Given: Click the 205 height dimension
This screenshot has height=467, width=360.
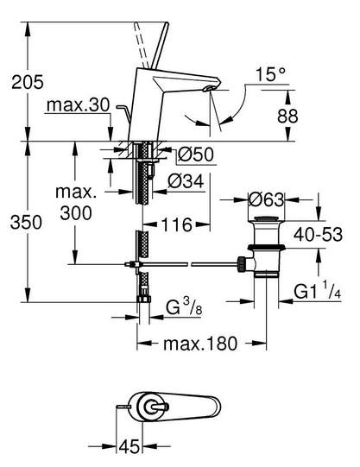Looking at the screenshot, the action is (x=28, y=82).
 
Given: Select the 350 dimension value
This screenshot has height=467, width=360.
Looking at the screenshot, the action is (x=26, y=223).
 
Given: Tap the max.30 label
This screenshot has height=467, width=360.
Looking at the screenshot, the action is (x=79, y=105).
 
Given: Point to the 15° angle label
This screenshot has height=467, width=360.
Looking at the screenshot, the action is (x=271, y=74).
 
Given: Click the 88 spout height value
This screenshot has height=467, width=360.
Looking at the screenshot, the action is (x=287, y=117).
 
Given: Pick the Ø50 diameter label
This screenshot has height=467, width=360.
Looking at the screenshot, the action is (x=196, y=155).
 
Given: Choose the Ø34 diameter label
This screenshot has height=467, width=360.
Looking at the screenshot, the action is (x=186, y=181).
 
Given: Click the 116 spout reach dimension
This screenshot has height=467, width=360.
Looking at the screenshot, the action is (x=177, y=224).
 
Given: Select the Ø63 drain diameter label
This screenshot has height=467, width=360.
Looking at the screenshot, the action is (x=266, y=199).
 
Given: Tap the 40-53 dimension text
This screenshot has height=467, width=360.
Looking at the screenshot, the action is (x=318, y=235).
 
